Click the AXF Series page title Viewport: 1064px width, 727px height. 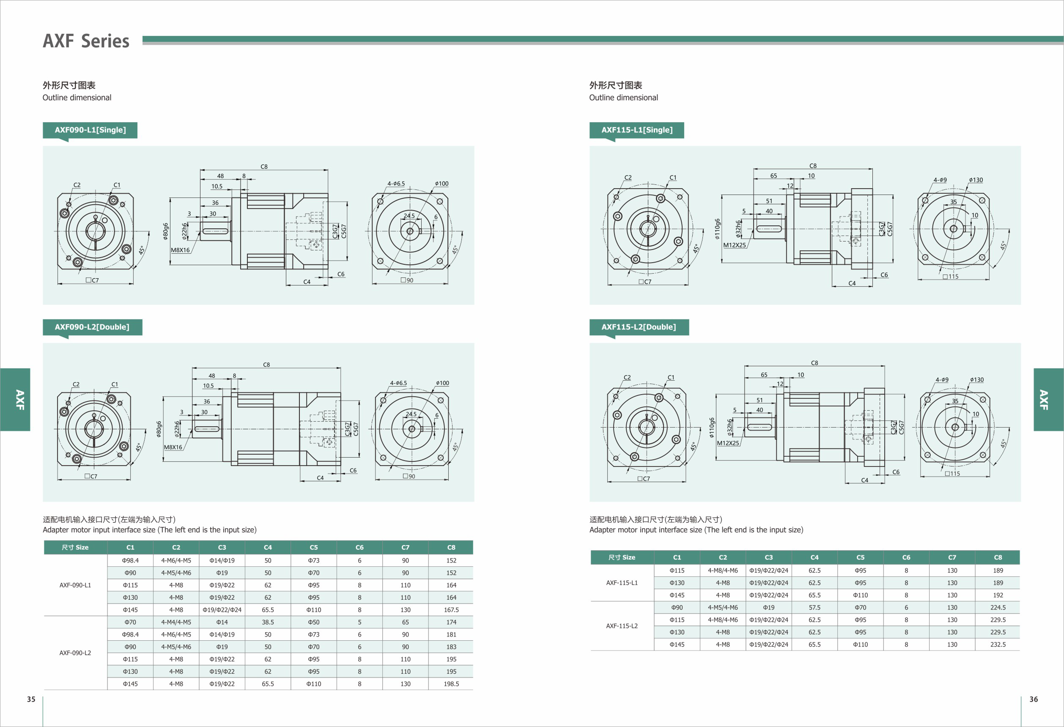tap(86, 41)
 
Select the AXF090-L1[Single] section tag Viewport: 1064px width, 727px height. tap(90, 130)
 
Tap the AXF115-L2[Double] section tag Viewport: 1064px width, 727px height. tap(638, 327)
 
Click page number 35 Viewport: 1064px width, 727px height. tap(31, 699)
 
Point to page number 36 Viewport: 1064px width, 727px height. tap(1033, 699)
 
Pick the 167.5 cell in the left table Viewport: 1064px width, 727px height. tap(451, 610)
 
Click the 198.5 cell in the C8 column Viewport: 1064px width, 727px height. tap(451, 683)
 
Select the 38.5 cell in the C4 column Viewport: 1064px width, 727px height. tap(268, 622)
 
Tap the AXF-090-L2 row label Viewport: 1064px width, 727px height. tap(75, 653)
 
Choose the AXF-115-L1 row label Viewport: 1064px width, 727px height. tap(622, 583)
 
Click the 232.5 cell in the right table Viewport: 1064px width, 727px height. tap(998, 644)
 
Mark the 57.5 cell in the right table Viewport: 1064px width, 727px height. tap(814, 607)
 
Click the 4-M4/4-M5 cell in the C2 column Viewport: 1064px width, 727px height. tap(176, 622)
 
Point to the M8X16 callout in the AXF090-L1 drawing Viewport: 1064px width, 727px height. tap(180, 250)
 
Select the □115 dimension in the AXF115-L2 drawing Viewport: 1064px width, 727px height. tap(952, 473)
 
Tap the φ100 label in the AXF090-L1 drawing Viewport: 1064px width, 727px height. tap(442, 184)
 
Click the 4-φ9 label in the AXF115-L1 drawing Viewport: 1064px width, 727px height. tap(940, 180)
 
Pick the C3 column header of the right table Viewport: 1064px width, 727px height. tap(769, 557)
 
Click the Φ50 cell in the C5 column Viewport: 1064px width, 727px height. tap(314, 622)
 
